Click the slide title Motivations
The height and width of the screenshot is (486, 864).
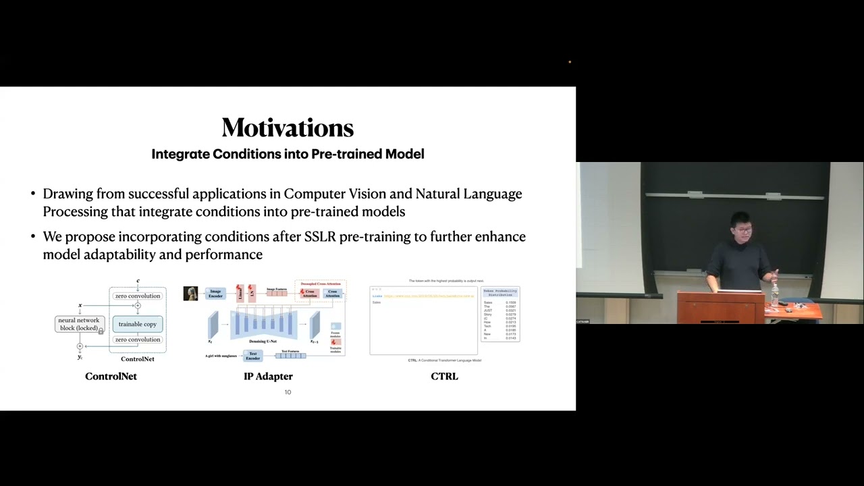[288, 128]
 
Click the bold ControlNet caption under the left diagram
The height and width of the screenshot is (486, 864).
[111, 376]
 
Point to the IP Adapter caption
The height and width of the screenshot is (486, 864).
[268, 376]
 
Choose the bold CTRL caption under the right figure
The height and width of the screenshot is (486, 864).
[444, 376]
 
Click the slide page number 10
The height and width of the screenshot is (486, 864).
[288, 392]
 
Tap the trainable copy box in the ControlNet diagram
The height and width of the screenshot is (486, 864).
[137, 324]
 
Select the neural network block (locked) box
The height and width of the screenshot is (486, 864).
[79, 324]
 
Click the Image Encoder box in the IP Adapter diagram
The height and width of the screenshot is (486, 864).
[215, 294]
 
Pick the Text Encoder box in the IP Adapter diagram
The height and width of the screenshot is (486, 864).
[252, 355]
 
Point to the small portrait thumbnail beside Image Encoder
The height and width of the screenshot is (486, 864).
[190, 294]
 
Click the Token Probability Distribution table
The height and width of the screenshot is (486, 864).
[500, 315]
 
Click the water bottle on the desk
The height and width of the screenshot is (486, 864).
[774, 294]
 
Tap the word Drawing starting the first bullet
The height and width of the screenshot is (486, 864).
[67, 194]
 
